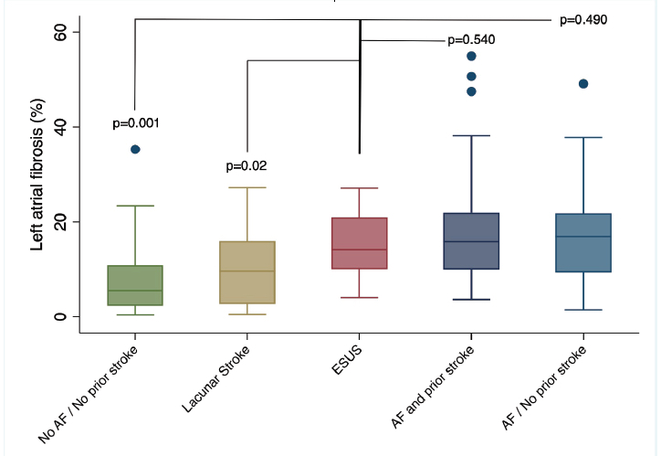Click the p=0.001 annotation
(135, 123)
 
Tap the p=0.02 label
(246, 166)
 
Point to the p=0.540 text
(471, 40)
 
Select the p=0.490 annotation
(583, 19)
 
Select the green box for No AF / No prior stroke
(135, 285)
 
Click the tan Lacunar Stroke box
(247, 272)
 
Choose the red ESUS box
(360, 243)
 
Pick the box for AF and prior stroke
(471, 241)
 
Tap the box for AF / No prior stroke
(583, 242)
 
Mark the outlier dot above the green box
(135, 149)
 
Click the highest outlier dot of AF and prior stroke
(471, 56)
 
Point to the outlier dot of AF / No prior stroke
(583, 84)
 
